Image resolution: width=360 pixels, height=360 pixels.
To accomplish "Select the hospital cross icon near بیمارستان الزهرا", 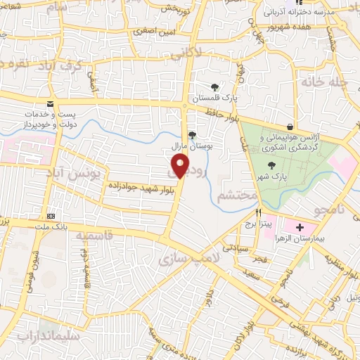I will coord(300,228).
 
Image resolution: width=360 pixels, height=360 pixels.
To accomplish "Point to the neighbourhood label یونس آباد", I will coord(75,172).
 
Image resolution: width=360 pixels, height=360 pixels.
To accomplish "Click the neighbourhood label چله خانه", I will coord(325,82).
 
